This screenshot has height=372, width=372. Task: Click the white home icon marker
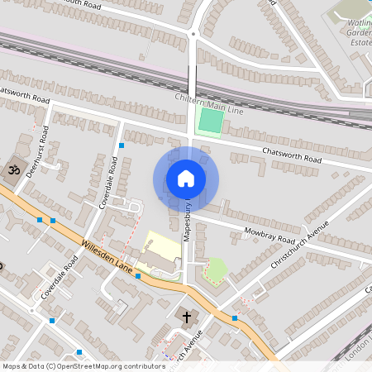pyautogui.click(x=186, y=178)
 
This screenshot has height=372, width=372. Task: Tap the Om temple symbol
pyautogui.click(x=13, y=169)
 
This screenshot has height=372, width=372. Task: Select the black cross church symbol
pyautogui.click(x=187, y=317)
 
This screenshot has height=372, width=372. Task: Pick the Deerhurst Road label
pyautogui.click(x=40, y=150)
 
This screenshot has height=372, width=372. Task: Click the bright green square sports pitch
pyautogui.click(x=210, y=122)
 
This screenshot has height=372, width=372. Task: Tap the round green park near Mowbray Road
pyautogui.click(x=215, y=269)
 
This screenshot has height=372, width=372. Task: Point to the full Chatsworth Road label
pyautogui.click(x=290, y=155)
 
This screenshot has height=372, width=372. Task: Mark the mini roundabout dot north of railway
pyautogui.click(x=192, y=34)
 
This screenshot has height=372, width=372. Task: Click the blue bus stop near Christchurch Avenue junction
pyautogui.click(x=236, y=317)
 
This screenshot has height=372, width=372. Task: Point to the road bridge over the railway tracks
pyautogui.click(x=192, y=79)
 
